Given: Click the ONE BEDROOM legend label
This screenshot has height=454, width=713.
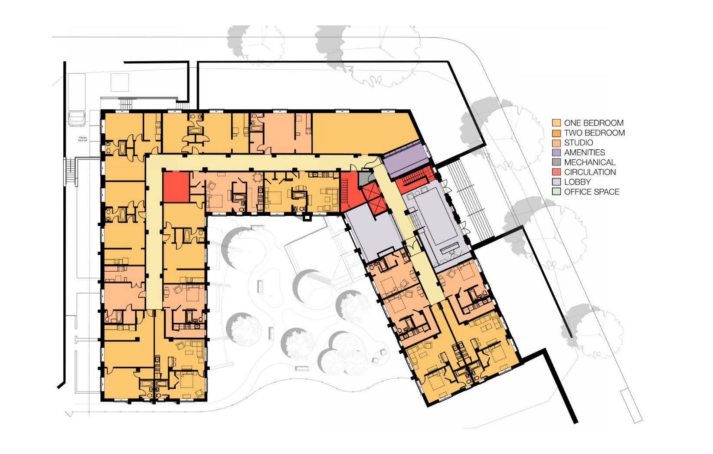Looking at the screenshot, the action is [x=594, y=123].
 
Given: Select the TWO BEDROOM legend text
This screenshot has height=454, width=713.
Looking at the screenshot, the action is [x=594, y=133].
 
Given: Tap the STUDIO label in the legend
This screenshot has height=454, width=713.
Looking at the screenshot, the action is [x=579, y=143].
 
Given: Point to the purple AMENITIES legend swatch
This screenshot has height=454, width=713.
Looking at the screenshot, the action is [x=556, y=153].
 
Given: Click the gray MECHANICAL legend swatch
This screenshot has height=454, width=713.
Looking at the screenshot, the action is [x=556, y=162].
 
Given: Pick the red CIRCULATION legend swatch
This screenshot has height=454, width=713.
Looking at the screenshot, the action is [x=556, y=172].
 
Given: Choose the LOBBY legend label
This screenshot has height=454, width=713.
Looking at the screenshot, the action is [x=577, y=182].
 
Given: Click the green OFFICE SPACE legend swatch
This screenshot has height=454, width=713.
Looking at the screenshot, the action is [x=556, y=192].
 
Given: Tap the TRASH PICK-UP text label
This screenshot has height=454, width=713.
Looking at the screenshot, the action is [x=83, y=139].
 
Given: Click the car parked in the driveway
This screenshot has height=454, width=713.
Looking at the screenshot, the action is [x=77, y=118].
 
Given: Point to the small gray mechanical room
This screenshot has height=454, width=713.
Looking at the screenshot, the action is [x=364, y=178].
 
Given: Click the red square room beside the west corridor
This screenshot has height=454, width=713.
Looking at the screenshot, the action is [x=176, y=187].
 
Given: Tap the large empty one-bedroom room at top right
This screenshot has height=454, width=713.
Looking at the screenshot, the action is [x=364, y=133].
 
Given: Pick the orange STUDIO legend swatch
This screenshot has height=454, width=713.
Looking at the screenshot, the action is [x=556, y=143].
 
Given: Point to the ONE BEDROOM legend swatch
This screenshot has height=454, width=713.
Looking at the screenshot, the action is [x=556, y=123].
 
